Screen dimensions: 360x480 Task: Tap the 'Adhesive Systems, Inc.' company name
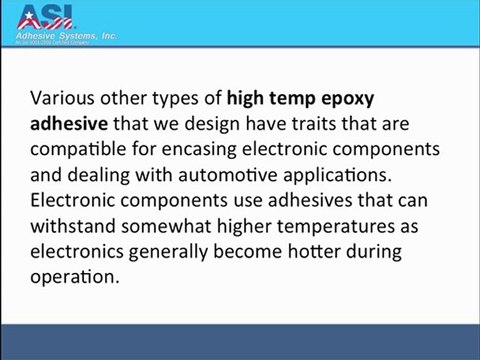[x=67, y=35]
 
